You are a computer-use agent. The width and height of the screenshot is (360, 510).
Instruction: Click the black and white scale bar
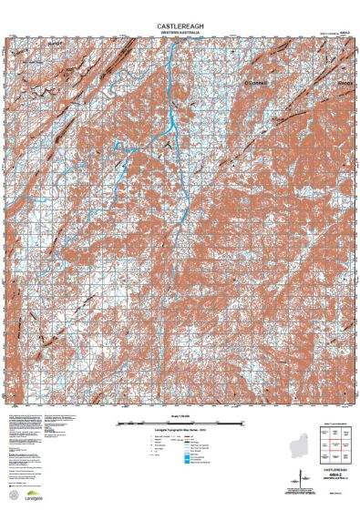pos(179,422)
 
